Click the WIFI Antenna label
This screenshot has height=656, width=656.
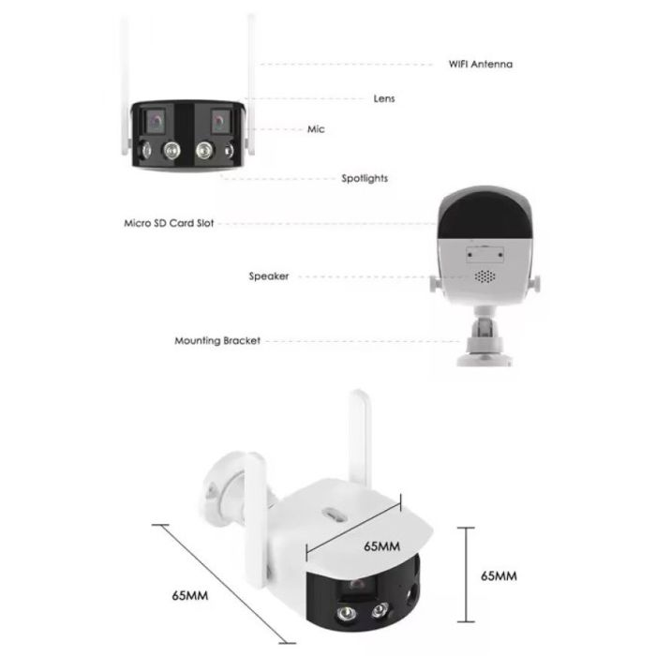pos(480,65)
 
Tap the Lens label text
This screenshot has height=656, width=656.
pos(384,98)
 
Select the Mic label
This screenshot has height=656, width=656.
pos(316,129)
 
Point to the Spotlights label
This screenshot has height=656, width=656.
pos(365,179)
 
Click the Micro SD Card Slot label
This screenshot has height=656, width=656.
pos(169,223)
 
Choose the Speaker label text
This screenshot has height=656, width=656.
pos(269,276)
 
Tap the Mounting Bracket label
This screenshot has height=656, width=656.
pos(217,340)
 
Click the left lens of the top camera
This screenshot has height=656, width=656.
pos(156,121)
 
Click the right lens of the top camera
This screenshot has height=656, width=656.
pos(219,121)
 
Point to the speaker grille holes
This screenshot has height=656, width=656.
pos(485,276)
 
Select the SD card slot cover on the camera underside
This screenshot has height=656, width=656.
pos(485,254)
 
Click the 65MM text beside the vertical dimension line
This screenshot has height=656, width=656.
pos(499,576)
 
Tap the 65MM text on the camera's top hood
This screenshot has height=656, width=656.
pos(381,546)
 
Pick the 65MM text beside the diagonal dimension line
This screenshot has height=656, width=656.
pos(190,595)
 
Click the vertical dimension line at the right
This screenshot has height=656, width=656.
pos(466,574)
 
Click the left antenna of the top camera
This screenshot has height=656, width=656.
pos(125,86)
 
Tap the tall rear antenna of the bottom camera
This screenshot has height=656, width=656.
pos(359,439)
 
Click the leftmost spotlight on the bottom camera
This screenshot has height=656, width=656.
pos(346,614)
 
